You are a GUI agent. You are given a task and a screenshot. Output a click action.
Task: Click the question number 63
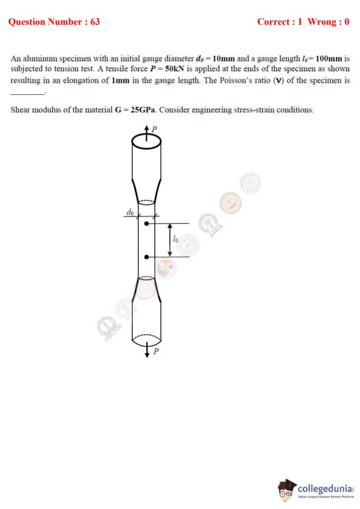click(95, 22)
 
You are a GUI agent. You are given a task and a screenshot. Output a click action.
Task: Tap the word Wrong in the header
click(322, 22)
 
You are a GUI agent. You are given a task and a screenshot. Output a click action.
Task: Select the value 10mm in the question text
click(223, 59)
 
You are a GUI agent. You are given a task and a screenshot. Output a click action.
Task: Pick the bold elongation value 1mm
click(120, 80)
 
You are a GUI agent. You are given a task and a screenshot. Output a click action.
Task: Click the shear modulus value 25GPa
click(143, 110)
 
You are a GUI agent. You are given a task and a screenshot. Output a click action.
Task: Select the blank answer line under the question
click(28, 94)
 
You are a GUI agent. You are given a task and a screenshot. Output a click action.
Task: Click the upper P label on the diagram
click(154, 129)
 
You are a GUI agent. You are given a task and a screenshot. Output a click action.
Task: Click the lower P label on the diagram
click(156, 351)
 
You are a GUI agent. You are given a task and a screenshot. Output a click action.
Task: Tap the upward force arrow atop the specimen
click(146, 134)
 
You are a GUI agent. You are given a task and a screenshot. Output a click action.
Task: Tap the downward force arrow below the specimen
click(147, 349)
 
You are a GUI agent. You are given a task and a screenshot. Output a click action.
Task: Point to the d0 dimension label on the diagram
click(130, 212)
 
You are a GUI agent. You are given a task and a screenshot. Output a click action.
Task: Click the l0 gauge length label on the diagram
click(175, 239)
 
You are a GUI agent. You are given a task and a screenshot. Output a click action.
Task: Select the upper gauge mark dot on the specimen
click(146, 224)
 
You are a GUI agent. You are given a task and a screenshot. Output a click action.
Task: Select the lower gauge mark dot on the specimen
click(146, 257)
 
